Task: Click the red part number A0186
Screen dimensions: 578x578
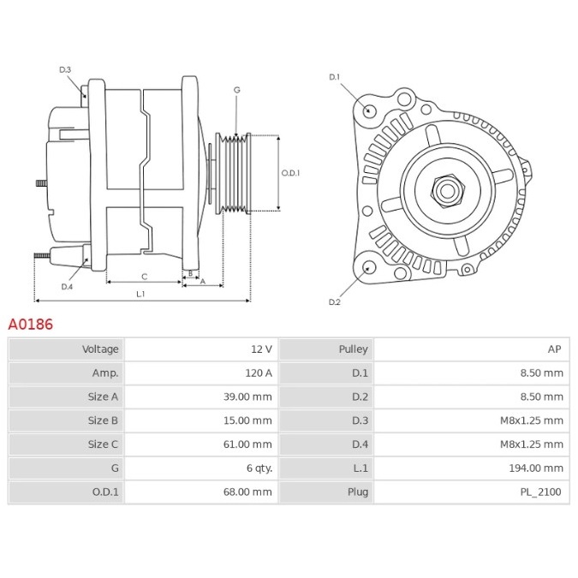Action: point(31,325)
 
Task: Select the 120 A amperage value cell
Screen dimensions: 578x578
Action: point(259,373)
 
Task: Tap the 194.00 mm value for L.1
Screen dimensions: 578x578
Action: point(536,468)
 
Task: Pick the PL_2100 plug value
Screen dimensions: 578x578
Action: point(541,492)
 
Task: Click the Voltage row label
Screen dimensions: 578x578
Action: point(100,349)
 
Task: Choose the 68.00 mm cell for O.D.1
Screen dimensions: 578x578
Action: point(247,492)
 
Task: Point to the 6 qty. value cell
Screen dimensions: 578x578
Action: point(259,468)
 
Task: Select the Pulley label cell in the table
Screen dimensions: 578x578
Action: point(353,349)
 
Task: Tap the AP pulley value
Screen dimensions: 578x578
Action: point(554,349)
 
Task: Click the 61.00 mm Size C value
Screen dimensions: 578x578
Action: point(247,444)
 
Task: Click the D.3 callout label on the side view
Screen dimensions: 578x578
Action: point(65,69)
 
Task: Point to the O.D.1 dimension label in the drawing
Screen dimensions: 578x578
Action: point(290,173)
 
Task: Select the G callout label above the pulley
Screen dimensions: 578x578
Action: point(237,90)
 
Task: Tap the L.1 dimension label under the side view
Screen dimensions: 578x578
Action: point(140,294)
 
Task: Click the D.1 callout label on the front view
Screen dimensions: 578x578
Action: point(334,77)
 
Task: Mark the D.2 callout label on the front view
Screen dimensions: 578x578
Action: point(334,302)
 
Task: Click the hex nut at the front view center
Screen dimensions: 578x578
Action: point(448,191)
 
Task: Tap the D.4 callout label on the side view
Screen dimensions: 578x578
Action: point(67,287)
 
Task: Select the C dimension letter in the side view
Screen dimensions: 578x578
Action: point(145,277)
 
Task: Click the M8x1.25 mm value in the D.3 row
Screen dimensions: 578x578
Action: point(532,420)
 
